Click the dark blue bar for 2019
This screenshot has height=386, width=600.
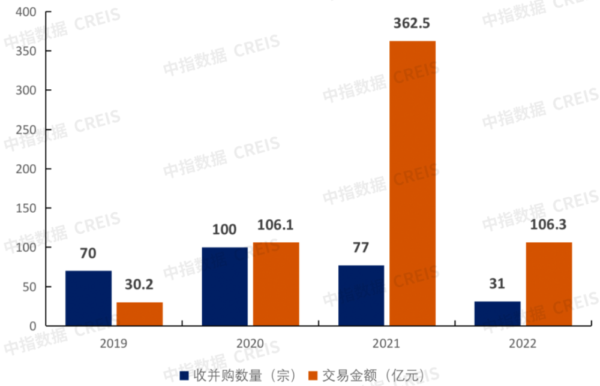click(x=88, y=298)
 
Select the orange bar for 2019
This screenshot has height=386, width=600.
click(x=139, y=314)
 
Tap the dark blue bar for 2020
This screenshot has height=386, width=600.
click(x=224, y=287)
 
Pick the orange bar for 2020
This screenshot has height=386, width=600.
click(x=275, y=284)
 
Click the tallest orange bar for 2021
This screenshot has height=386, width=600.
click(x=412, y=183)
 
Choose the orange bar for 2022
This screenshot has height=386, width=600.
click(x=548, y=284)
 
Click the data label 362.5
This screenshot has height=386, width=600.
click(x=412, y=24)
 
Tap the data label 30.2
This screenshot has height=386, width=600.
click(x=139, y=285)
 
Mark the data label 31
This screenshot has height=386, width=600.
click(x=497, y=284)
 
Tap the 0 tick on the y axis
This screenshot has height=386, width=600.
click(x=34, y=325)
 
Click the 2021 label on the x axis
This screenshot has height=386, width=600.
click(x=386, y=344)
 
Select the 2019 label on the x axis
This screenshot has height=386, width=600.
click(x=113, y=344)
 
